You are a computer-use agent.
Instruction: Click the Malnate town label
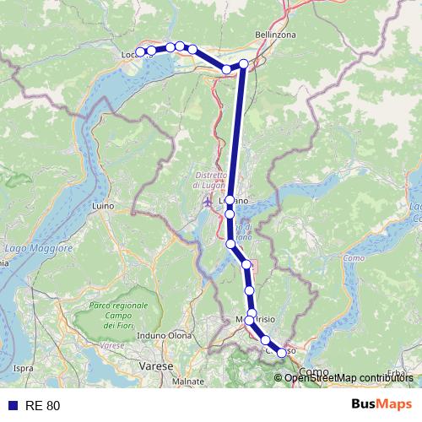click(x=187, y=381)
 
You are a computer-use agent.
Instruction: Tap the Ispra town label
click(x=23, y=368)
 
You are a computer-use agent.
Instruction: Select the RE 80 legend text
click(x=42, y=405)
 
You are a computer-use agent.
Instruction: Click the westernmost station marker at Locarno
click(x=140, y=52)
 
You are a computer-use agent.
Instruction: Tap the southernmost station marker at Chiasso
click(x=282, y=354)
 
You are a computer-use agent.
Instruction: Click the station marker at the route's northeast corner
click(x=244, y=63)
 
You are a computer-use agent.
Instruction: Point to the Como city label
click(x=314, y=371)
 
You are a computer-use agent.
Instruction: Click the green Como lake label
click(x=353, y=257)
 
